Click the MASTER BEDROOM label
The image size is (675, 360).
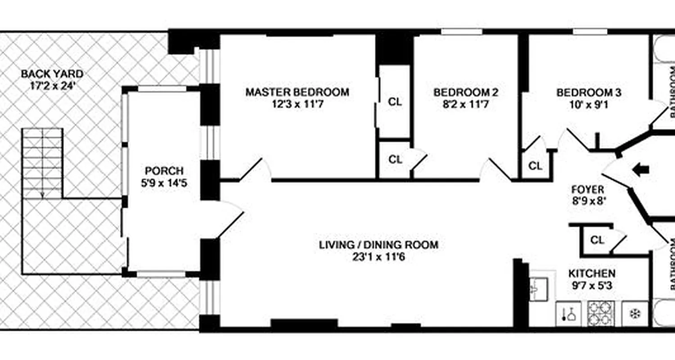pyautogui.click(x=297, y=92)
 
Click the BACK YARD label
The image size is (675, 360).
pyautogui.click(x=52, y=73)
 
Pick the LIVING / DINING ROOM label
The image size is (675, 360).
pyautogui.click(x=378, y=245)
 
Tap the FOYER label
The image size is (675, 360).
pyautogui.click(x=588, y=189)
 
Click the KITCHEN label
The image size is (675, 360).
pyautogui.click(x=592, y=273)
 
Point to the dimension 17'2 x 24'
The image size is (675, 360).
pyautogui.click(x=52, y=85)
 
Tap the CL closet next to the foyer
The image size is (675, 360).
pyautogui.click(x=597, y=240)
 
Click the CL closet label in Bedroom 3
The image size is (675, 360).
pyautogui.click(x=535, y=166)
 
